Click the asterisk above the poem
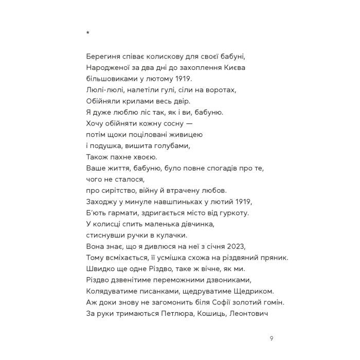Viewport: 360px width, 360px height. click(x=88, y=34)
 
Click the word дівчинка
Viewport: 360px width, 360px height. click(x=195, y=224)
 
